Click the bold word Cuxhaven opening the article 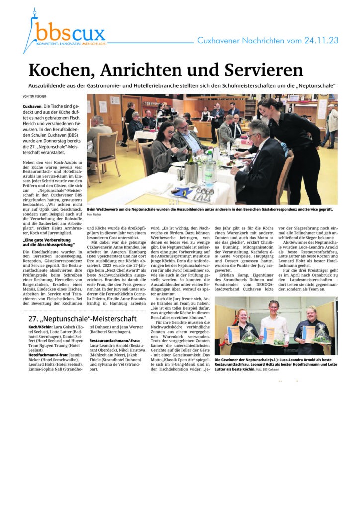pyautogui.click(x=32, y=107)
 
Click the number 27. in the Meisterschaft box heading pyautogui.click(x=34, y=318)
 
